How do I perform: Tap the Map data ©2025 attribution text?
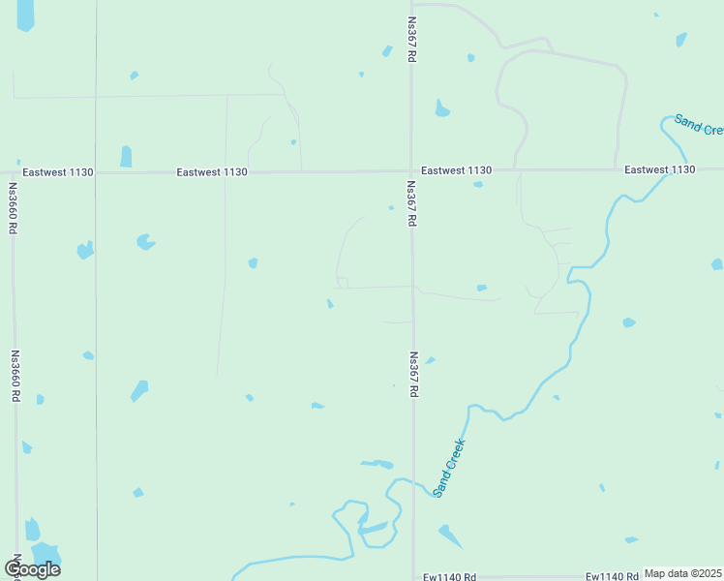click(x=682, y=573)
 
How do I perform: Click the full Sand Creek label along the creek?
click(x=449, y=469)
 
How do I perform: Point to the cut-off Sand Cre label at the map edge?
click(x=699, y=125)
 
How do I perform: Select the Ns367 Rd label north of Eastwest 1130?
click(x=411, y=41)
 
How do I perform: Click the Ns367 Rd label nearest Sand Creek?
click(x=413, y=374)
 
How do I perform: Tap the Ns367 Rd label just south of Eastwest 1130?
click(x=411, y=203)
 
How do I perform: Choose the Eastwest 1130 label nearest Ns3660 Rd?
click(x=58, y=172)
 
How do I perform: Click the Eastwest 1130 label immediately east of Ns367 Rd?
click(x=456, y=170)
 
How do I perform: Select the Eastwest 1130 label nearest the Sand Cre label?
click(x=659, y=169)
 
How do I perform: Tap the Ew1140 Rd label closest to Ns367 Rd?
click(x=449, y=577)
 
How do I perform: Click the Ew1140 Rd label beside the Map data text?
click(x=612, y=577)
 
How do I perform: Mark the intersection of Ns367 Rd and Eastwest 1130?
click(x=412, y=171)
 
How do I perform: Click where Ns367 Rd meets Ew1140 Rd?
click(x=414, y=573)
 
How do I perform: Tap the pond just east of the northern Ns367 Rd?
click(x=441, y=108)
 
